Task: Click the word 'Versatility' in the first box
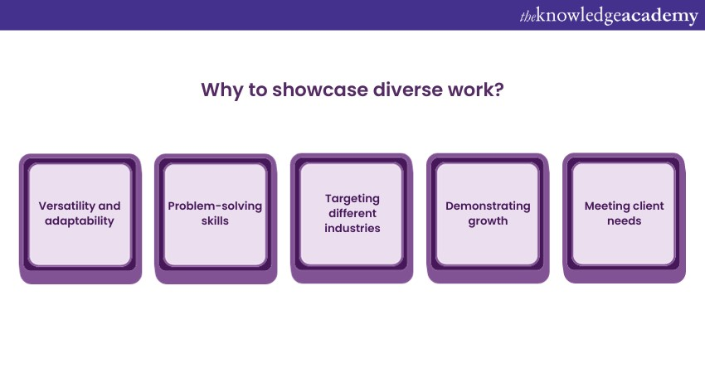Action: [x=66, y=206]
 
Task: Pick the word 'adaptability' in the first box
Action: [x=80, y=221]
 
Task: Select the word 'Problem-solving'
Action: [x=215, y=206]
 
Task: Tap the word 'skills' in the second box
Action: [x=215, y=220]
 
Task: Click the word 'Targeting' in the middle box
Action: [x=352, y=199]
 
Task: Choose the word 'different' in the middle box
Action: [x=352, y=214]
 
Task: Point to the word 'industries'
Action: [x=352, y=228]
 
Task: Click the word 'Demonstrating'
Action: [x=488, y=206]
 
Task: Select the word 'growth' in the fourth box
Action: [x=488, y=221]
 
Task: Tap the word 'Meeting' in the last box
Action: [x=605, y=206]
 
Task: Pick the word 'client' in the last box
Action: [x=646, y=206]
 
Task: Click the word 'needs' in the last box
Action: [x=624, y=221]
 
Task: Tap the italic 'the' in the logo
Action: [x=528, y=17]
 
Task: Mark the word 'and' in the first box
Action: [x=109, y=206]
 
